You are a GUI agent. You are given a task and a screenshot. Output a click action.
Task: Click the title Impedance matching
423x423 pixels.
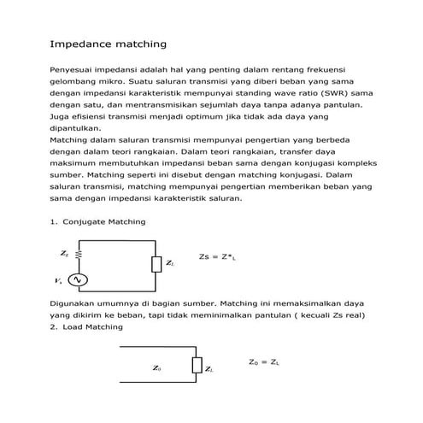point(108,43)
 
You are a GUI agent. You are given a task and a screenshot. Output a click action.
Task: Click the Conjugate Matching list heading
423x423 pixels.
point(104,222)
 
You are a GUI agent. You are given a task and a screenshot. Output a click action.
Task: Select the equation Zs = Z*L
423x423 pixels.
point(217,256)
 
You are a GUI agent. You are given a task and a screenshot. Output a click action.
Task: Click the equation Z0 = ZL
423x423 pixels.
point(264,362)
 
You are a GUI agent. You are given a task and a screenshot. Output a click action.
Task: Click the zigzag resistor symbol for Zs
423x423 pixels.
point(79,254)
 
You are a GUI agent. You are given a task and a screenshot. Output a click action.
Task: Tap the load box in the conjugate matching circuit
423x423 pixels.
point(156,265)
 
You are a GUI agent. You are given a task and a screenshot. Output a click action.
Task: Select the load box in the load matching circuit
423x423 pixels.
point(197,367)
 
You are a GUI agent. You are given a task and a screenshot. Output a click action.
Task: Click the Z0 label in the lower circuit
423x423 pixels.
point(156,368)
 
